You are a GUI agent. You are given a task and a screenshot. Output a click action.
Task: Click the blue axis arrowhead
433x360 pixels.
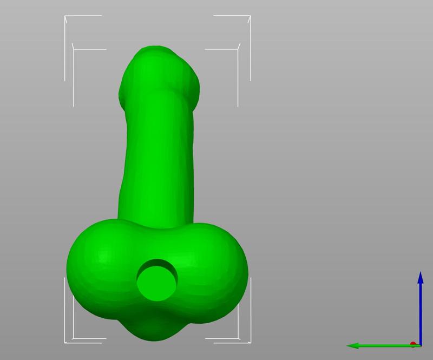[x=420, y=278]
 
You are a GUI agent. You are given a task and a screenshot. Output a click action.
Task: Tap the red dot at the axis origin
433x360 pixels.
[x=414, y=344]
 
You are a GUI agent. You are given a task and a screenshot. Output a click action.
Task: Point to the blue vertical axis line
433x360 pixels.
[x=420, y=314]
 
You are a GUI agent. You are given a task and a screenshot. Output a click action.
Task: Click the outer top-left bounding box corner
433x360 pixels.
[x=65, y=16]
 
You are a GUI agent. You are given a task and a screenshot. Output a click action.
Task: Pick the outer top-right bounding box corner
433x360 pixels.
[x=250, y=16]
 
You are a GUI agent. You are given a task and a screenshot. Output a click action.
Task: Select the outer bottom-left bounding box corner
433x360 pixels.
[x=65, y=342]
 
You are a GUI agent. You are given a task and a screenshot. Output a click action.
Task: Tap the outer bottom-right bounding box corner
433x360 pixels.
[x=250, y=342]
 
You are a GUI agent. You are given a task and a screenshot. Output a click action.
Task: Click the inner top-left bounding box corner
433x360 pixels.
[x=74, y=49]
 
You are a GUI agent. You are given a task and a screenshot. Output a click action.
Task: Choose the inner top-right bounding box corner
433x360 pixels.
[x=238, y=49]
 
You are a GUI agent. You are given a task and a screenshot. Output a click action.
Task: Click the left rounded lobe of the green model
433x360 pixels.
[x=97, y=265]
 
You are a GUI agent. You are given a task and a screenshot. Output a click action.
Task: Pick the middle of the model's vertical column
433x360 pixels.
[x=157, y=152]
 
